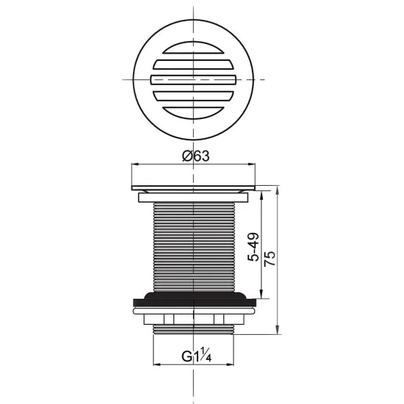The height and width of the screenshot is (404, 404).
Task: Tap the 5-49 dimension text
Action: (x=253, y=248)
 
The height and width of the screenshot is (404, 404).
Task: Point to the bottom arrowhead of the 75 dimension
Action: (x=278, y=331)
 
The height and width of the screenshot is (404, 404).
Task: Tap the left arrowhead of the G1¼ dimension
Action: (x=156, y=367)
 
